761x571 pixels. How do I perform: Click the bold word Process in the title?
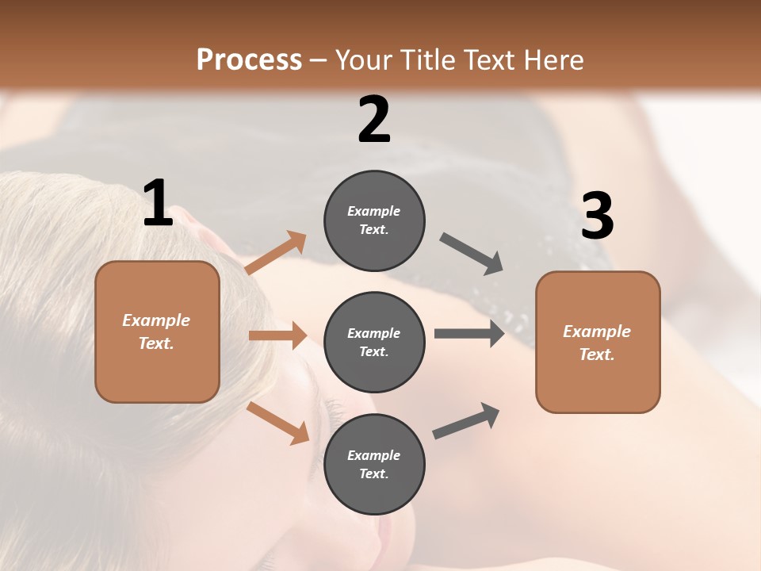[x=249, y=60]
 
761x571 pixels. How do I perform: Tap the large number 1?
[x=158, y=203]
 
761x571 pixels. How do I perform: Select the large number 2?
[x=374, y=120]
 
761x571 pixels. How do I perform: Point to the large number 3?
[x=597, y=217]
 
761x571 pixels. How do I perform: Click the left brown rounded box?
[x=157, y=331]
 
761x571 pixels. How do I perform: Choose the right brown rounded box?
[x=598, y=342]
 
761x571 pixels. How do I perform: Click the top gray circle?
[x=374, y=220]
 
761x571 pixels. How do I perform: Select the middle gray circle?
[x=374, y=342]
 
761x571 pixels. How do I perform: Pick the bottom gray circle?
[x=374, y=464]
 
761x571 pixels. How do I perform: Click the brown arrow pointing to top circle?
[x=276, y=252]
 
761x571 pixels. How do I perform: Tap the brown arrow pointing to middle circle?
[x=277, y=335]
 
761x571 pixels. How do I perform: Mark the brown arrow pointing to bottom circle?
[x=277, y=423]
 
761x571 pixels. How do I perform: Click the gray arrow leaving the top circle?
[x=472, y=254]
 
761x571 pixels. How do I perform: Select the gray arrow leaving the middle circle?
[x=469, y=333]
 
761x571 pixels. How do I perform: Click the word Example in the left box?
[x=156, y=320]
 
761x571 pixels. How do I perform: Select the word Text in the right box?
[x=595, y=354]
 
